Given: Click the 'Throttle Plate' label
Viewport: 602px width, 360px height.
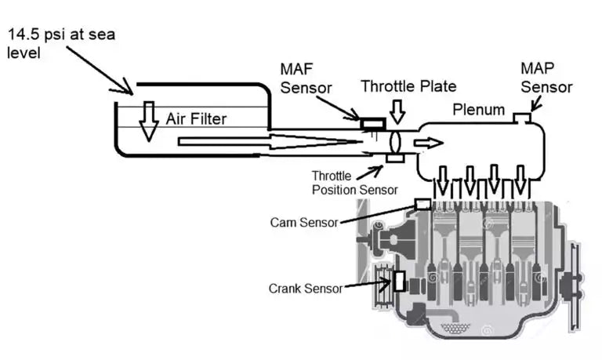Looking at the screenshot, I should pos(408,87).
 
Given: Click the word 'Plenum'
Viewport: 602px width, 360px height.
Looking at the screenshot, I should pos(479,110).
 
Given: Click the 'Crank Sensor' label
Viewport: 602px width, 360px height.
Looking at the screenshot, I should pos(305,289).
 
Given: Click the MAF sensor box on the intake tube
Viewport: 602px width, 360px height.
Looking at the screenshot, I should pos(372,123).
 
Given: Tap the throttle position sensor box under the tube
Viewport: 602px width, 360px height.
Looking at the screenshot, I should pos(394,160).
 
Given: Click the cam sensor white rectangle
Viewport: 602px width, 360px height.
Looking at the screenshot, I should pos(423,204).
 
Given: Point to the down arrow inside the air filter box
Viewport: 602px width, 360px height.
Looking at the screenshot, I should pos(147,123).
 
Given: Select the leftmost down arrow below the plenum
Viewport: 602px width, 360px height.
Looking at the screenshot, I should pos(443,182).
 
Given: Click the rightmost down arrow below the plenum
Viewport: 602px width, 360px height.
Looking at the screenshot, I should pos(520,182).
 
